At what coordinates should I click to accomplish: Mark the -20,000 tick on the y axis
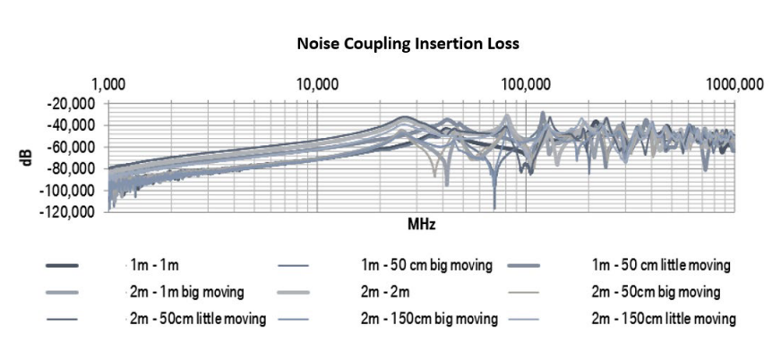(73, 103)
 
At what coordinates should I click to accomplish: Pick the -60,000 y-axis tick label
(73, 147)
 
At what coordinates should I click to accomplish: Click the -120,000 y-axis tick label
(71, 212)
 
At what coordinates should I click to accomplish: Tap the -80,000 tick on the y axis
(73, 168)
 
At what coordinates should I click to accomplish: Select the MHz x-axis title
(421, 224)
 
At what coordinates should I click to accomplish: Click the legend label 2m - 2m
(385, 292)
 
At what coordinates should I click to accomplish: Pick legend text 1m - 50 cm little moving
(662, 265)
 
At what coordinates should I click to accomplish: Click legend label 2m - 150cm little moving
(664, 319)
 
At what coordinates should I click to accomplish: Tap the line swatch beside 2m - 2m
(296, 293)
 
